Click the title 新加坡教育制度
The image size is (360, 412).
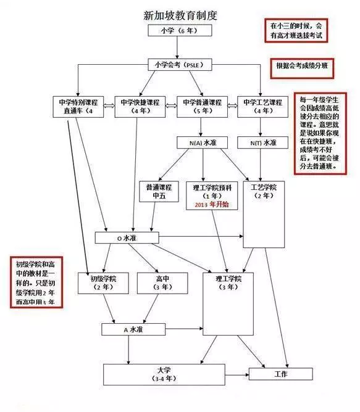180,15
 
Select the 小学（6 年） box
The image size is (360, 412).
180,30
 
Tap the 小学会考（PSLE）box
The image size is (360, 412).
180,65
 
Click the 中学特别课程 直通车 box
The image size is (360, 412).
78,107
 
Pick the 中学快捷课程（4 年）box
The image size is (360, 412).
140,107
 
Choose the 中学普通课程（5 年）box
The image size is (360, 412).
202,107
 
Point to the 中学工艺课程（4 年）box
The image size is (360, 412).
262,107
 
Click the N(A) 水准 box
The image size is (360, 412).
203,142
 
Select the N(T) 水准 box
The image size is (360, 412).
262,142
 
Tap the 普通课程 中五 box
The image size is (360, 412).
159,192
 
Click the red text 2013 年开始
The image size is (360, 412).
212,205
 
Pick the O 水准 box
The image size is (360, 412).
127,238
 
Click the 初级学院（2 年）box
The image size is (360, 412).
103,283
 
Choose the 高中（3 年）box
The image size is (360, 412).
162,283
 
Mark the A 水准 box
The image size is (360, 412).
133,329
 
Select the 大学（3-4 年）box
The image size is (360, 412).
164,374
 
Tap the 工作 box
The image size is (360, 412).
281,374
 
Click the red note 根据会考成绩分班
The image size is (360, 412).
302,68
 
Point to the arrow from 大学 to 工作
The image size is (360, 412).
237,374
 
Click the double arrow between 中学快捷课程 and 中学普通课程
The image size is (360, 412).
171,106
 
